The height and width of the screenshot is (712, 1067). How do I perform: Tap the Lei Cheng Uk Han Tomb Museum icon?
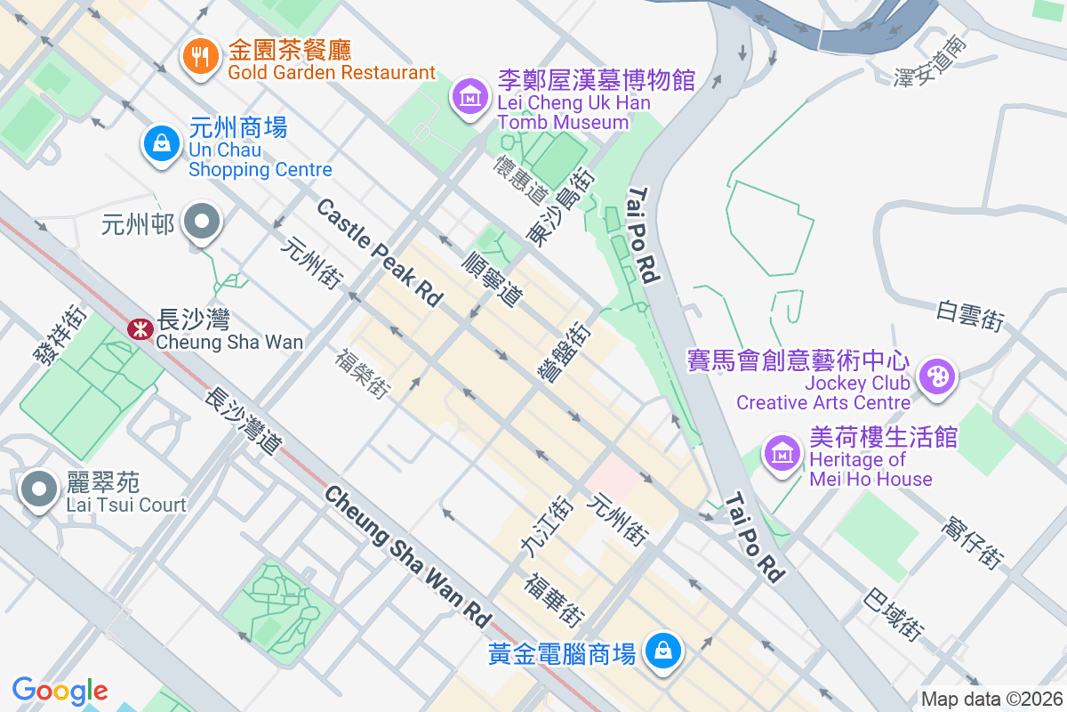coord(469,96)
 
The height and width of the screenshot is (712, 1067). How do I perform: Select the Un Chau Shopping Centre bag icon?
coord(162,142)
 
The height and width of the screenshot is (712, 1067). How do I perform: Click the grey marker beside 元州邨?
coord(202,222)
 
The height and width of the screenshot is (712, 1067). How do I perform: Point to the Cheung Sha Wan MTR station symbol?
coord(140,329)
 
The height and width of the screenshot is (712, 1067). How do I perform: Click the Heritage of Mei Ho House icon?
coord(782,453)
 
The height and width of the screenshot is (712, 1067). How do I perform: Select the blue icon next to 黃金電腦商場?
coord(662,651)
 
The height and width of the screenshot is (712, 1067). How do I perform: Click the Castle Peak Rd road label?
coord(379,253)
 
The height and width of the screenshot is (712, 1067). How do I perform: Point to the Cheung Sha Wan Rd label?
coord(407,555)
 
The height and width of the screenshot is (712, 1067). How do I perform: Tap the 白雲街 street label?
coord(970,315)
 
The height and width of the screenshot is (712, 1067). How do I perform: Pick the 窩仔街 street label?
coord(972,542)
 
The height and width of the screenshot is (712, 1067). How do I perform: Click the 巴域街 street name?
coord(892,614)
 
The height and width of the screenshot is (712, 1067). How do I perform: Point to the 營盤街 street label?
coord(565,353)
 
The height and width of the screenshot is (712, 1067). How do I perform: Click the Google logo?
coord(60,691)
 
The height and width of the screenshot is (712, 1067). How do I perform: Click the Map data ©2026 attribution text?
coord(991,700)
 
